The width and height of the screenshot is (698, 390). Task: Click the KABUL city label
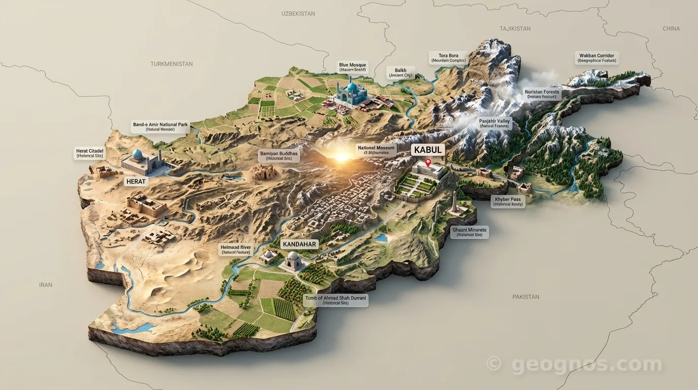click(x=429, y=150)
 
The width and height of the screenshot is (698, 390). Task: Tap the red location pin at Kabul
click(x=428, y=163)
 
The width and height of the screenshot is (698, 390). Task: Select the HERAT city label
click(x=136, y=181)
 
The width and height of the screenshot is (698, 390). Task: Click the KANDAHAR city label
click(x=299, y=244)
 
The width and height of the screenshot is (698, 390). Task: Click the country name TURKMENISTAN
click(x=171, y=64)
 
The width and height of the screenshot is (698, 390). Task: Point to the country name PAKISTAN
click(x=526, y=297)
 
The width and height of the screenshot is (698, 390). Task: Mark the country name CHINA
click(x=671, y=29)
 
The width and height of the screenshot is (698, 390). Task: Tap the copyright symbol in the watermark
click(x=494, y=364)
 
